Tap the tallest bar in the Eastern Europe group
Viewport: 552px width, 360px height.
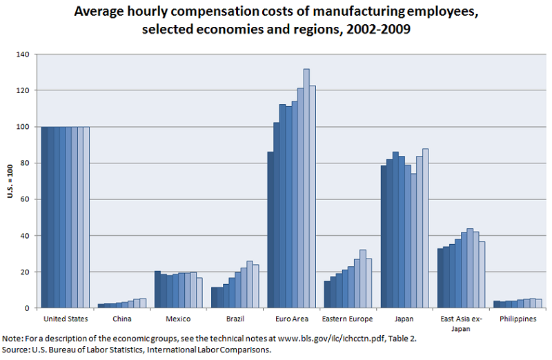pos(363,279)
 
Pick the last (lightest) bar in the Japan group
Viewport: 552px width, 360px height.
pos(425,228)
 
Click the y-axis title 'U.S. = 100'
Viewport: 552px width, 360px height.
pos(10,181)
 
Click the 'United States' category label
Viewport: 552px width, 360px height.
pos(65,319)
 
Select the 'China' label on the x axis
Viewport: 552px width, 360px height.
pos(121,319)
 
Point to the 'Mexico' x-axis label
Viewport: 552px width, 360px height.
pos(178,319)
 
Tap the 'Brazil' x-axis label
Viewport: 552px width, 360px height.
pos(235,319)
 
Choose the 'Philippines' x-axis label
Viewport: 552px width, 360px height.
pos(517,319)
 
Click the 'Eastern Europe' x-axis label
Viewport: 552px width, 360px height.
pos(348,319)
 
